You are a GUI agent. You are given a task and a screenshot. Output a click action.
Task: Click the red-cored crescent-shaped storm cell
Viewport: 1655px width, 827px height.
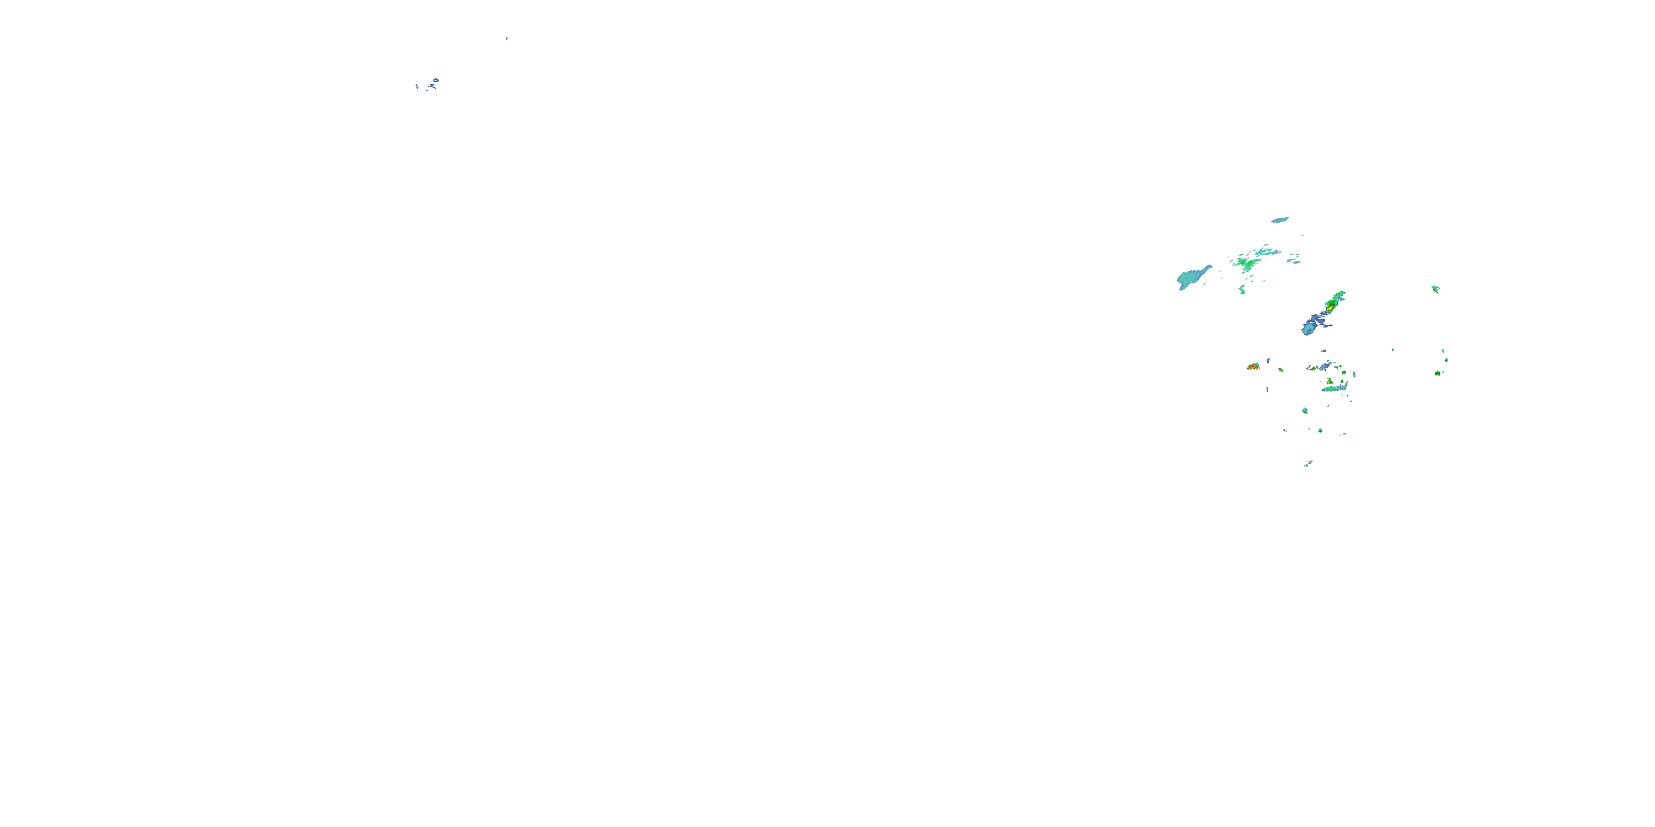tap(1252, 367)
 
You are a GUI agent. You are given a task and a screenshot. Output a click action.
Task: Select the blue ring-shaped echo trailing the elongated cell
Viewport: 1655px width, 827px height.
tap(1307, 329)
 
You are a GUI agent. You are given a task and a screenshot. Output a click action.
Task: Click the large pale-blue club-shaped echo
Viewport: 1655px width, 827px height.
tap(1192, 278)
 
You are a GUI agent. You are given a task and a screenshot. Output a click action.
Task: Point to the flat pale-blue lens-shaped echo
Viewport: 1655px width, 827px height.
tap(1280, 219)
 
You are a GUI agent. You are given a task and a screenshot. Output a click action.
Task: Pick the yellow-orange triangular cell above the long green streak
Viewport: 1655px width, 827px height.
tap(1330, 382)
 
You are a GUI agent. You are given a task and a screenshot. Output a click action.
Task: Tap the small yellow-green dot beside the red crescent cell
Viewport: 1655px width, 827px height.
tap(1280, 370)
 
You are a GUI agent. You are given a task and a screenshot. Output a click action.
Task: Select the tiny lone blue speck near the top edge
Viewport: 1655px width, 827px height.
tap(506, 39)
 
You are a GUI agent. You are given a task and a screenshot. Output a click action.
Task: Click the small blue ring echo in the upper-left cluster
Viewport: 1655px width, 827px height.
tap(436, 80)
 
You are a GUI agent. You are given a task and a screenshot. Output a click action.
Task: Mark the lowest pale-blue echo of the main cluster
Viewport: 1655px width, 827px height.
tap(1309, 463)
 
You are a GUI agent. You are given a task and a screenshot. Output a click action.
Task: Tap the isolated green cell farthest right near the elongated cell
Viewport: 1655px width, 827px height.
tap(1435, 289)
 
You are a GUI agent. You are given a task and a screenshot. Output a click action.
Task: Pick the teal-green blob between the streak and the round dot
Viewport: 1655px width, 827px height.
tap(1305, 410)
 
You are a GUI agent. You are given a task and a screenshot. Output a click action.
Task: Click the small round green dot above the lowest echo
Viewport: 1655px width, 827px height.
tap(1320, 430)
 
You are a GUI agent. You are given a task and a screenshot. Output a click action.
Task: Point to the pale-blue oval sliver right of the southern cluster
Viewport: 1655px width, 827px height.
tap(1354, 374)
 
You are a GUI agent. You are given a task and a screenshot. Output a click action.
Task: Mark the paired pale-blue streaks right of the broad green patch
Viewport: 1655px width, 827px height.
tap(1294, 261)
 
